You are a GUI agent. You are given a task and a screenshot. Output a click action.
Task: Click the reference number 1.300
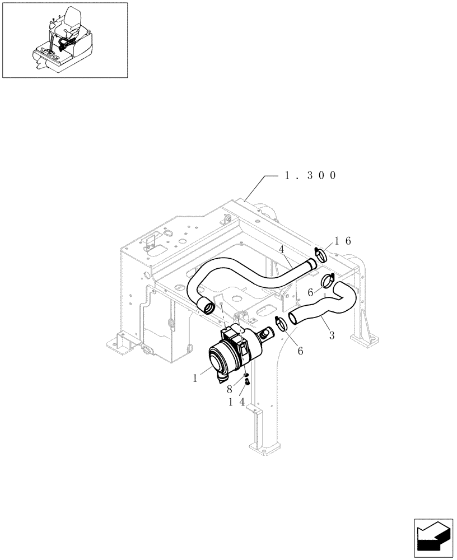(310, 175)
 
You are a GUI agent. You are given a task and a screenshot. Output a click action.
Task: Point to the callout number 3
(332, 335)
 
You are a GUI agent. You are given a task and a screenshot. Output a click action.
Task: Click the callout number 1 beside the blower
(195, 378)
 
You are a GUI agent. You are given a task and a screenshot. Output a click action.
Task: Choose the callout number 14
(236, 402)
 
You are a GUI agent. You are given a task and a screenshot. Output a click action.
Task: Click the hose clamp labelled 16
(321, 255)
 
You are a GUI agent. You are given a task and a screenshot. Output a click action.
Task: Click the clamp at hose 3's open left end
(282, 324)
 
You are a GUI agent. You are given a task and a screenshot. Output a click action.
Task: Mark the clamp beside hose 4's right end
(329, 278)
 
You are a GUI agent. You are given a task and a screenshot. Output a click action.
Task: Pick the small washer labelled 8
(246, 375)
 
